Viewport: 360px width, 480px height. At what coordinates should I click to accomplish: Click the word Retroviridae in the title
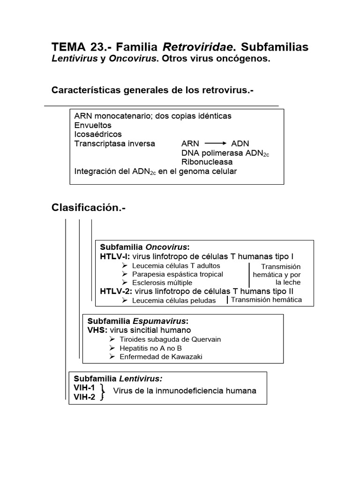pyautogui.click(x=197, y=47)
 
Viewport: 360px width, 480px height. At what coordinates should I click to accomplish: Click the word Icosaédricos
pyautogui.click(x=98, y=135)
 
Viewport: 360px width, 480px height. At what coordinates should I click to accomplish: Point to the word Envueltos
pyautogui.click(x=93, y=125)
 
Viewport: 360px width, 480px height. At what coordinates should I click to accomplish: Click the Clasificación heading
pyautogui.click(x=89, y=208)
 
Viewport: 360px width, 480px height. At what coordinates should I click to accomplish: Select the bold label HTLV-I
pyautogui.click(x=115, y=256)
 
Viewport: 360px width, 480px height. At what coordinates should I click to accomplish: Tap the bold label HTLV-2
pyautogui.click(x=116, y=291)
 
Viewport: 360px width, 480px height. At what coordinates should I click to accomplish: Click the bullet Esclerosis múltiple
pyautogui.click(x=162, y=283)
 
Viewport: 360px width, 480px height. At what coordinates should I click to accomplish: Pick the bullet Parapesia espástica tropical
pyautogui.click(x=177, y=274)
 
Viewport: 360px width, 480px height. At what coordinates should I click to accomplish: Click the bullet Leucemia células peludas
pyautogui.click(x=173, y=300)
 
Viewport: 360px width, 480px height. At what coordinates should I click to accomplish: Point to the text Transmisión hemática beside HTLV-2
pyautogui.click(x=266, y=300)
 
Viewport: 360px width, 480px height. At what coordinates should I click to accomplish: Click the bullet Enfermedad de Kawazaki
pyautogui.click(x=161, y=357)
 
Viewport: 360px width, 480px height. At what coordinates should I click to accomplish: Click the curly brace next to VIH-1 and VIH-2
pyautogui.click(x=102, y=392)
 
